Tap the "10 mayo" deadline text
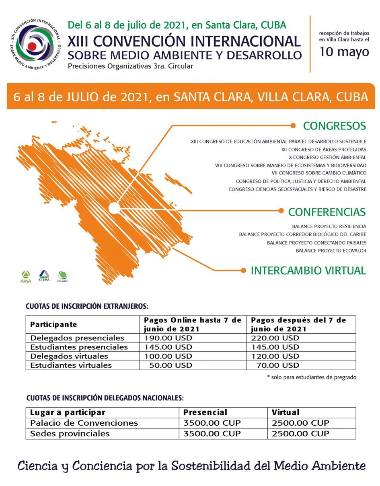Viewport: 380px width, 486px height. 344,52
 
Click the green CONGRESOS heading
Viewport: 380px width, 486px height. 334,126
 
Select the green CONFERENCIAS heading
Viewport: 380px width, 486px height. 327,212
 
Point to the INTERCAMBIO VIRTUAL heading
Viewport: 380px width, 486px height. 308,271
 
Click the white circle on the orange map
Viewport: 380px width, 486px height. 114,208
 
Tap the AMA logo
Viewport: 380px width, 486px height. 26,277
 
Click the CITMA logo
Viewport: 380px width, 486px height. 44,276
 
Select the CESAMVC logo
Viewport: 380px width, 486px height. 62,277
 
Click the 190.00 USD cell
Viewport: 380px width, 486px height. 168,338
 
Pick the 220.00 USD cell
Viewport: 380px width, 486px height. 275,338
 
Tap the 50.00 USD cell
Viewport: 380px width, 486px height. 170,365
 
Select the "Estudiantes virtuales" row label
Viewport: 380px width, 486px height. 71,365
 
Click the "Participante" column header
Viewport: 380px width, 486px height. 53,324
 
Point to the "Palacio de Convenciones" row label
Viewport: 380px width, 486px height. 84,423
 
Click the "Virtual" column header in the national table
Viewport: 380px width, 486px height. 286,412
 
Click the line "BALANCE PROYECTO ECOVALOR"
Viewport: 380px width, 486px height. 331,251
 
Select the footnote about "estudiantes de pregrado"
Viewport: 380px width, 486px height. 312,377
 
